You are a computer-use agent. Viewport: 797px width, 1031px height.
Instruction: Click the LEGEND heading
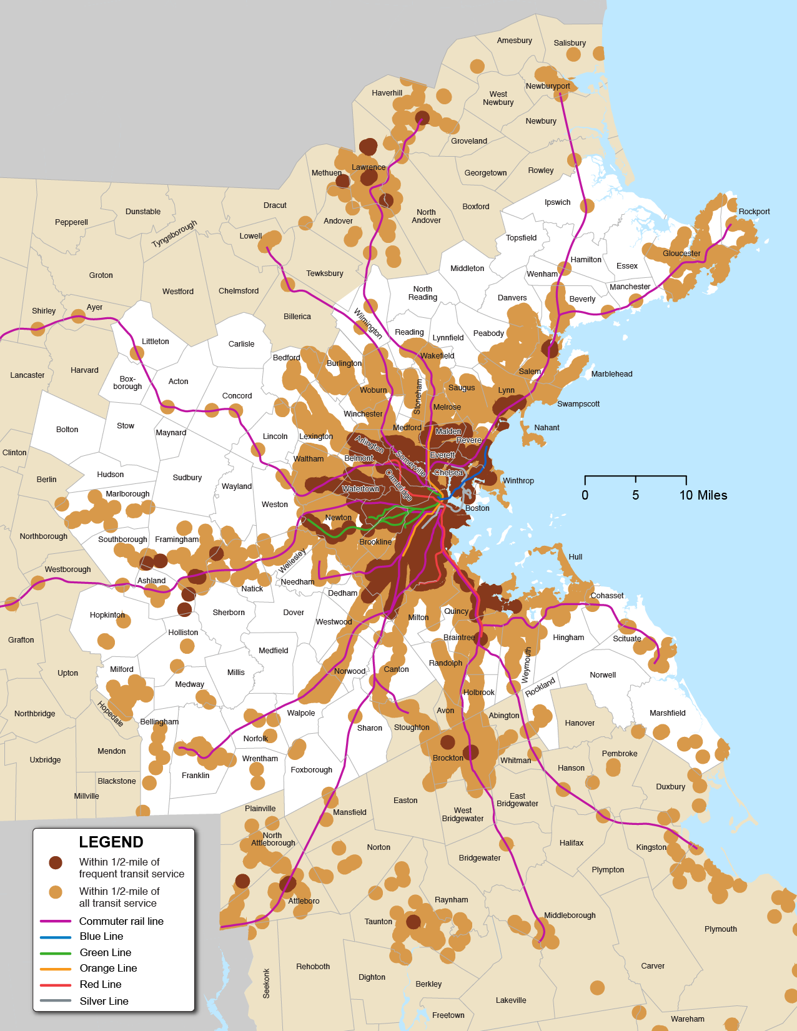click(111, 842)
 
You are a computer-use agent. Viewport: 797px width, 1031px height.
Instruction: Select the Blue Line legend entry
click(101, 936)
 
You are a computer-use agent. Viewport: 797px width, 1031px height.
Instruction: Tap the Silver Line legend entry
click(104, 1001)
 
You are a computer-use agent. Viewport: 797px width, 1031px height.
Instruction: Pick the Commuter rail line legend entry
click(121, 921)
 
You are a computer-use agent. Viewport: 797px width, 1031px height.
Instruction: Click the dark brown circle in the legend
click(56, 862)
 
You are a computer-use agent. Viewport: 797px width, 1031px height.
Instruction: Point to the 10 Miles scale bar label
click(703, 495)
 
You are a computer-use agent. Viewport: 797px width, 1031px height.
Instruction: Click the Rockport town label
click(754, 212)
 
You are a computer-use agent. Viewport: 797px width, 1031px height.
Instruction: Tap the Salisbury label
click(570, 43)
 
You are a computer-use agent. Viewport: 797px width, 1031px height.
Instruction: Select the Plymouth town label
click(720, 929)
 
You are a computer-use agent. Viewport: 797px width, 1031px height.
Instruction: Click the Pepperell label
click(71, 222)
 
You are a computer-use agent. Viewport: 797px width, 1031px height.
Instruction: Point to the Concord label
click(237, 396)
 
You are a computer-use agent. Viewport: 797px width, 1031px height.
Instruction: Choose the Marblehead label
click(611, 374)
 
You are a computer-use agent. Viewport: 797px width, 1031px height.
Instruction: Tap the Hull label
click(575, 557)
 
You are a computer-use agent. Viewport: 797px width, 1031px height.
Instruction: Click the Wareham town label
click(687, 1019)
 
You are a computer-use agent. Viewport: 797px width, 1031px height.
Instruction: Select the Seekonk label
click(266, 983)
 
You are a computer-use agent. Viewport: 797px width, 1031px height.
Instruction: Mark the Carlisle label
click(241, 344)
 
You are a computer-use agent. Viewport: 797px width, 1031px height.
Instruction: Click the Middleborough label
click(570, 915)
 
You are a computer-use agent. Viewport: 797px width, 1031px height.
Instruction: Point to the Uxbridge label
click(45, 760)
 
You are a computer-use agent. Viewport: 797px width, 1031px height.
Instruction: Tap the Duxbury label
click(670, 787)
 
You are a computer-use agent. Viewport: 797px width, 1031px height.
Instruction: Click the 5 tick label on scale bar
click(635, 495)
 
